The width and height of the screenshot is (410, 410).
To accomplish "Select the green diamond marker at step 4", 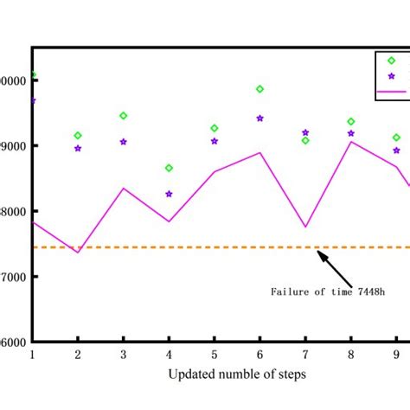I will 169,168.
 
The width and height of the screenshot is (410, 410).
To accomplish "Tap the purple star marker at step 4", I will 169,195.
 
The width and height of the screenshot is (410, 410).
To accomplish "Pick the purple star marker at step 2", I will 78,149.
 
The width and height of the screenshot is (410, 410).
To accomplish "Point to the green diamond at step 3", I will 124,116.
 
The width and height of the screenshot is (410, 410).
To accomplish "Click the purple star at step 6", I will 259,119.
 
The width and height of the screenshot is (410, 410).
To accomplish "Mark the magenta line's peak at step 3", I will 124,189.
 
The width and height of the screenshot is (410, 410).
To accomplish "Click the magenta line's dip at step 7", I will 305,227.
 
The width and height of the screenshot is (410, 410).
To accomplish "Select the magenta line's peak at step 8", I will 351,141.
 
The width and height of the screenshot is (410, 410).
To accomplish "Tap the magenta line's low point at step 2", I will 78,253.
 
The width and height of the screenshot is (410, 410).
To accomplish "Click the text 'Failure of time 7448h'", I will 327,292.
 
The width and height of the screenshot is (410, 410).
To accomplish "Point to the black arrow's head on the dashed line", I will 319,253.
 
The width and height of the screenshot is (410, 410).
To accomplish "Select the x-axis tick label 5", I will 215,355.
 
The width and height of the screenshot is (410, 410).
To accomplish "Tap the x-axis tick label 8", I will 351,355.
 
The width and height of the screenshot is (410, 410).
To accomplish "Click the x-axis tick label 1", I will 32,355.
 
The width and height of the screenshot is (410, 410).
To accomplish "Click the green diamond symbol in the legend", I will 391,61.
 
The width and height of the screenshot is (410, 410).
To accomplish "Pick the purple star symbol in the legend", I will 391,76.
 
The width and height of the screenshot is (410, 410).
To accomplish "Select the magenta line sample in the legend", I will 391,91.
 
